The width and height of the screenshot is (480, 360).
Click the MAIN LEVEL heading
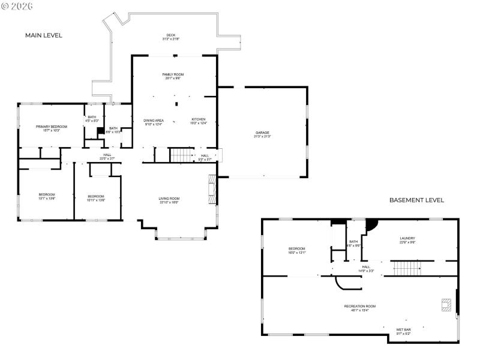[43, 35]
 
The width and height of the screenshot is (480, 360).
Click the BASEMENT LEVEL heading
[416, 200]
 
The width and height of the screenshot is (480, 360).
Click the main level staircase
[180, 155]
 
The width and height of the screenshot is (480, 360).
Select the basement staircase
[407, 268]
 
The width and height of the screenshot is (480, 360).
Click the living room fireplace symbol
[211, 190]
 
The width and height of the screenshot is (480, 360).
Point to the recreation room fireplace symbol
[445, 305]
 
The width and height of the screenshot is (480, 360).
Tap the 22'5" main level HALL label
[107, 157]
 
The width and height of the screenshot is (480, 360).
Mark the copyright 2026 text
[17, 5]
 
